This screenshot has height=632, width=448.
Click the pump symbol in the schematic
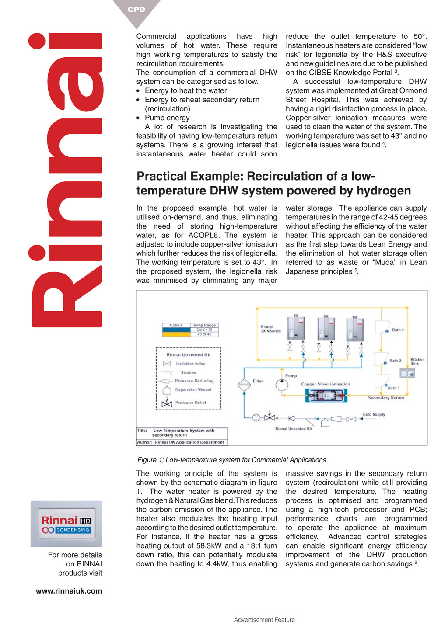(x=282, y=385)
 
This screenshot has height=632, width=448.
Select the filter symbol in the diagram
(x=244, y=385)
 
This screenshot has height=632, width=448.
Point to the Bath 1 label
(x=398, y=330)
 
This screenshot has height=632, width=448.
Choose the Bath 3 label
(x=393, y=388)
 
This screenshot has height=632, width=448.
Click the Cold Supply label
(x=374, y=414)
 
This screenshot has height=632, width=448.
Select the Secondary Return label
(x=386, y=398)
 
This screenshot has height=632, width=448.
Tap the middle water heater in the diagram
(x=326, y=328)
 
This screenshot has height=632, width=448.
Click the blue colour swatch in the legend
(x=176, y=330)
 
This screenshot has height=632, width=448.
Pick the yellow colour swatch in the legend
(x=176, y=334)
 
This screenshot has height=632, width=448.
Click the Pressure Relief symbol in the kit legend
(x=167, y=403)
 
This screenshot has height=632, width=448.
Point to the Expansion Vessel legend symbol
(x=167, y=390)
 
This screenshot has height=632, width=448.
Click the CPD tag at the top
(x=136, y=9)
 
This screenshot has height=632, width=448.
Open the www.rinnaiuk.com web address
(x=69, y=591)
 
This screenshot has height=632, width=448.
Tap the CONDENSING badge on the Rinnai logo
(x=73, y=530)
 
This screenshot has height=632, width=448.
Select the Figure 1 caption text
(x=231, y=460)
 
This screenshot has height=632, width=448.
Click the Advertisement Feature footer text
(x=264, y=620)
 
